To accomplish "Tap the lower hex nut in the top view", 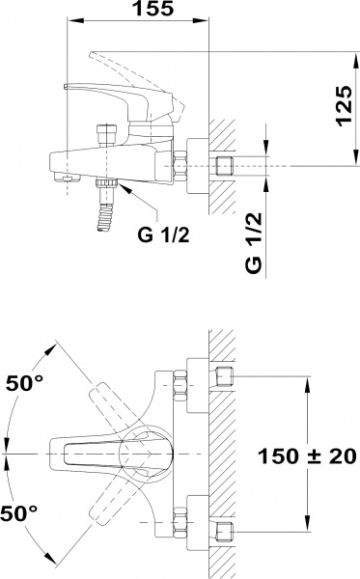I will (180, 521).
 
